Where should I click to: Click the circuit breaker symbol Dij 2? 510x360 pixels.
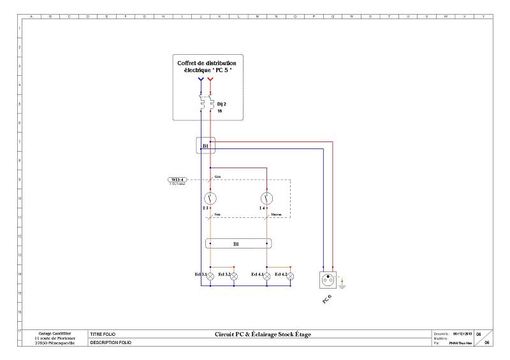(205, 104)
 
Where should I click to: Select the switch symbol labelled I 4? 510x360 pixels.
(267, 198)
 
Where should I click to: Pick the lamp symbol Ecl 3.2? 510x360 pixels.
(234, 275)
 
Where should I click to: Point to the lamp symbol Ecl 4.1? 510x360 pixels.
(267, 275)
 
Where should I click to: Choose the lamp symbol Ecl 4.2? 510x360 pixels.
(291, 275)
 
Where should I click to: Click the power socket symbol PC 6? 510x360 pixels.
(330, 279)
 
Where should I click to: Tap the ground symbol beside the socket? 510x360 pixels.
(343, 282)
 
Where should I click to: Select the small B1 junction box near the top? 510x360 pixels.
(205, 146)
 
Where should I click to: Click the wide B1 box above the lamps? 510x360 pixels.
(238, 243)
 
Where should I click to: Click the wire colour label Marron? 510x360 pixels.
(277, 215)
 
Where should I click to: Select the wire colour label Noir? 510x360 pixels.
(217, 215)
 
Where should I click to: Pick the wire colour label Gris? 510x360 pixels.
(217, 175)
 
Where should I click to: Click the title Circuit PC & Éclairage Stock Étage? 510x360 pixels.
(263, 334)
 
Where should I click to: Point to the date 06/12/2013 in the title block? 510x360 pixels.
(462, 333)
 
